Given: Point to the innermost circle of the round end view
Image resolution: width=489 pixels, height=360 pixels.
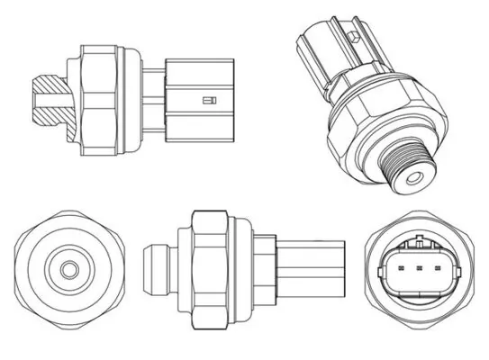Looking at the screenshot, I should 67,269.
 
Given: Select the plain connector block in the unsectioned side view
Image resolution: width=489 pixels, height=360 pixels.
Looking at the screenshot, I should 311,266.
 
